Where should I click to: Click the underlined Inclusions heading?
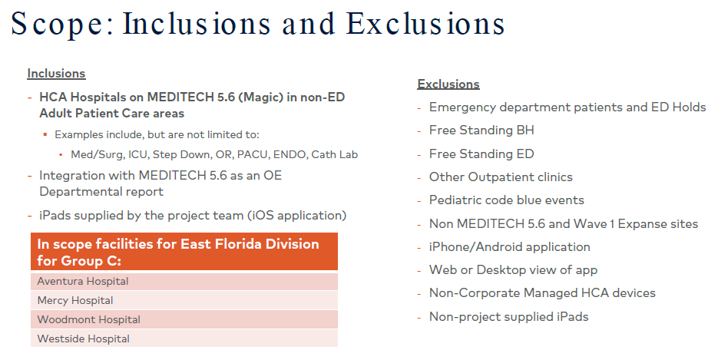56,73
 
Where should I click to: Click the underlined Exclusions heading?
448,84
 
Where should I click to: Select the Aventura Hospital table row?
184,281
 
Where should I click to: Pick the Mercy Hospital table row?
184,301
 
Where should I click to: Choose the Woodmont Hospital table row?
184,320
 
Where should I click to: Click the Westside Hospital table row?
184,339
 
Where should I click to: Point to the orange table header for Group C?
184,252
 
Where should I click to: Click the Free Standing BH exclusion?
481,130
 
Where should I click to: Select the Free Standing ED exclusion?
481,154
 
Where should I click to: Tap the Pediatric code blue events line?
507,200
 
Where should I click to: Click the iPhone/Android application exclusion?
510,247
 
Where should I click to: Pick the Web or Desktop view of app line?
513,270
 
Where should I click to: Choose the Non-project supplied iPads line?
508,316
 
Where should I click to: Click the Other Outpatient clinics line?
501,177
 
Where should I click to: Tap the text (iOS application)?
296,216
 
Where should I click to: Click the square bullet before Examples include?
45,134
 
